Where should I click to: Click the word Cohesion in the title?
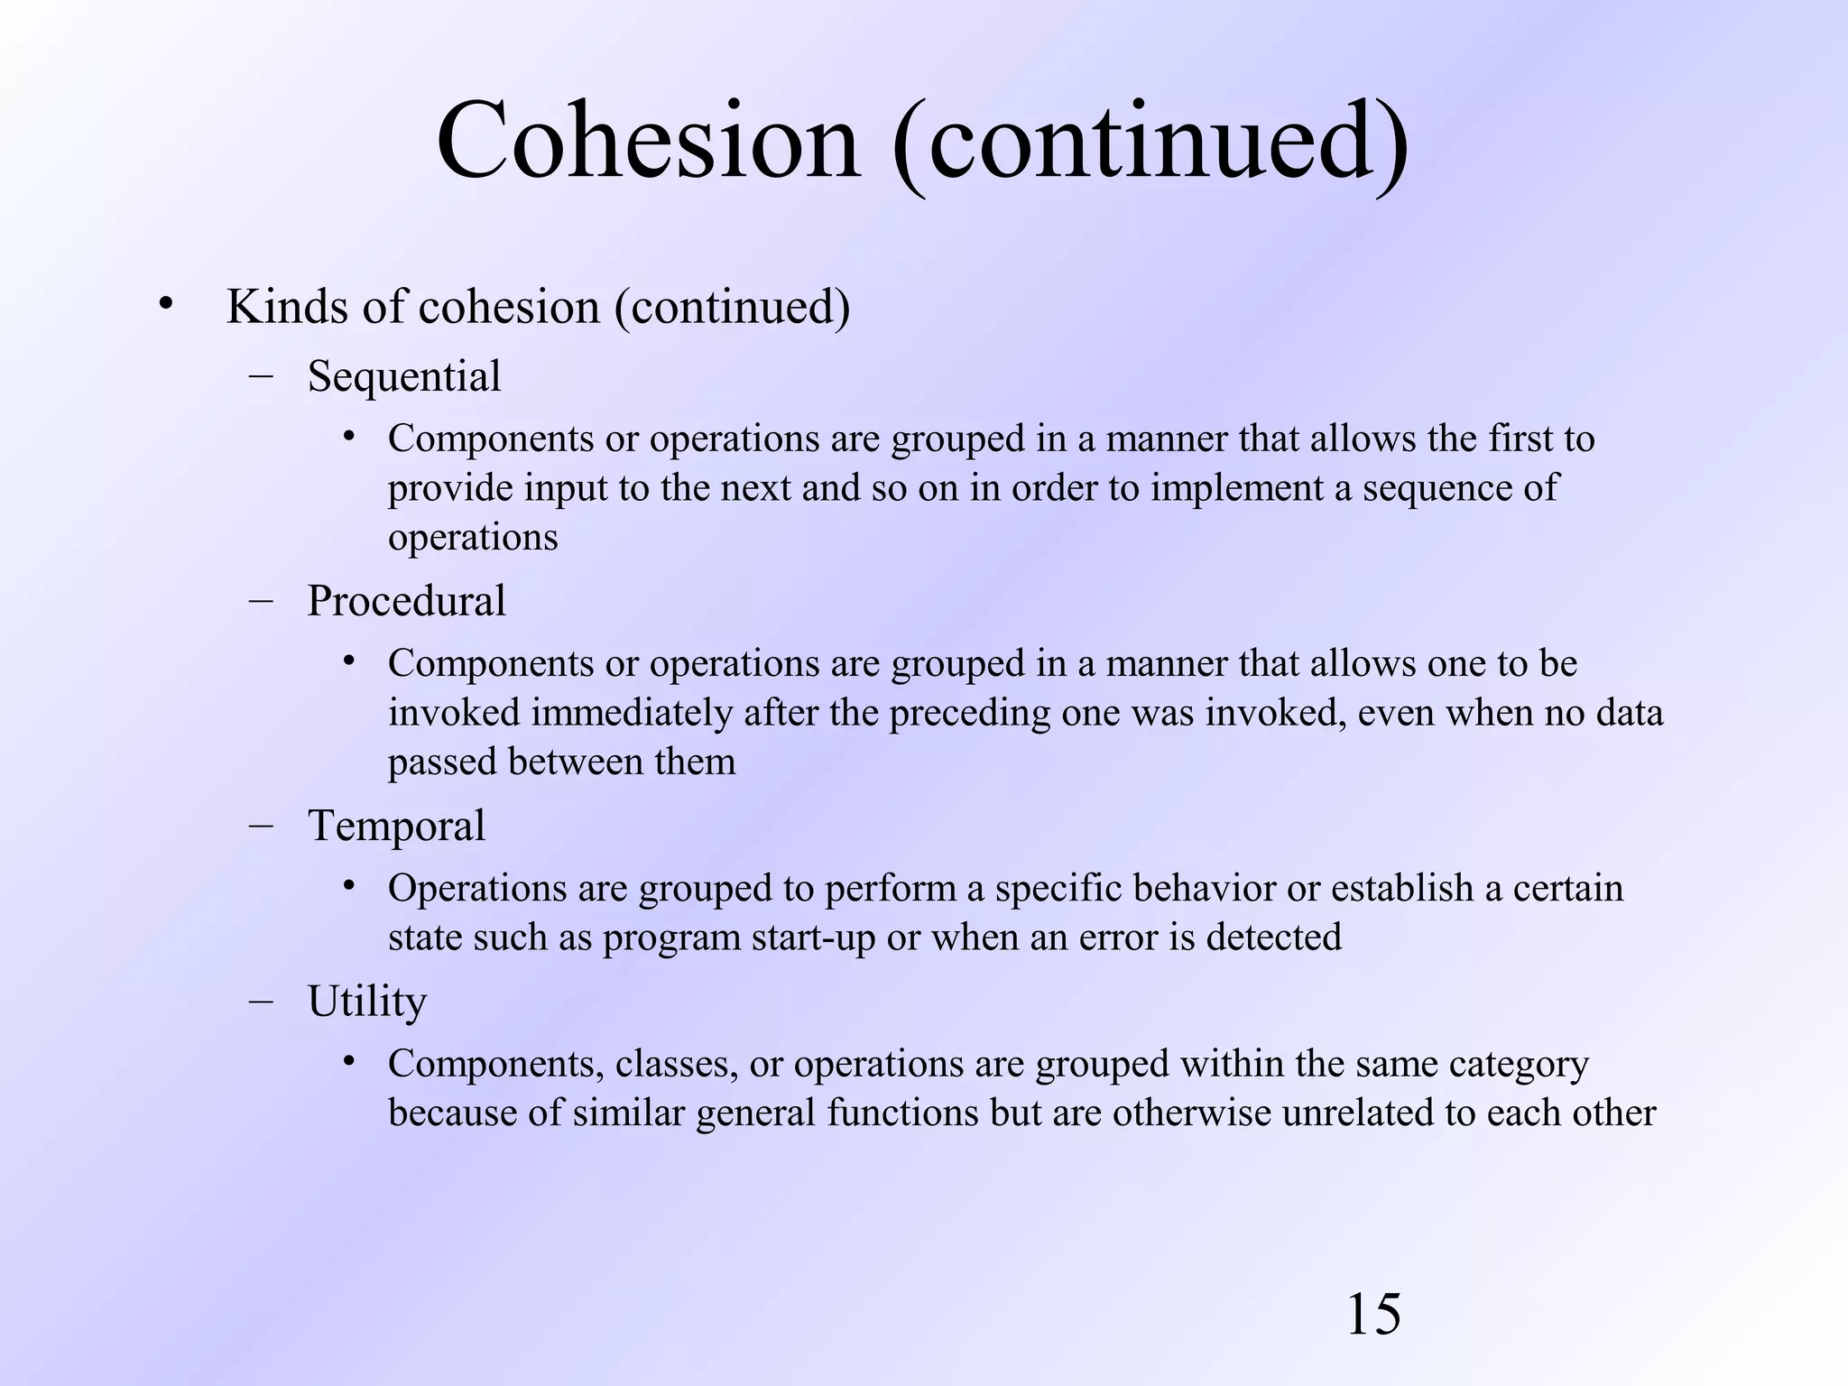[x=648, y=143]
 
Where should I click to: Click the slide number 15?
[x=1372, y=1315]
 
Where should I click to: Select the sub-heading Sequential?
[x=403, y=376]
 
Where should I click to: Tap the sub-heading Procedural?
[x=406, y=601]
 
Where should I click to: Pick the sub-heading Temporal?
[x=396, y=826]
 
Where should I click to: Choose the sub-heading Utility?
[x=366, y=1002]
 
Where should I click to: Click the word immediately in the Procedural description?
[x=631, y=713]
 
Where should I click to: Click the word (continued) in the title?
[x=1150, y=143]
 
